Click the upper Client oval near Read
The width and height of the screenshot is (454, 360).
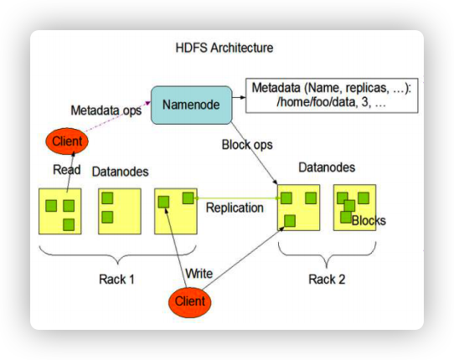pos(67,141)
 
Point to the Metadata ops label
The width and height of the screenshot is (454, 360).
pos(105,110)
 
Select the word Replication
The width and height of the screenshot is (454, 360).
pos(235,208)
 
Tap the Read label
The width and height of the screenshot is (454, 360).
pos(67,170)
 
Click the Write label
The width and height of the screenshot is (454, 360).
pos(199,273)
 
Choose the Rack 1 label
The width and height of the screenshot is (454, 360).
pos(116,279)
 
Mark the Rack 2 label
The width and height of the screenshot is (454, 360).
pos(326,279)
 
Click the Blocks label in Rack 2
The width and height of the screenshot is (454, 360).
pos(369,221)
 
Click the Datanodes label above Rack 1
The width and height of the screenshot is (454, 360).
pos(119,172)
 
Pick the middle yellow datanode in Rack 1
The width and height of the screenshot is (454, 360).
pos(119,211)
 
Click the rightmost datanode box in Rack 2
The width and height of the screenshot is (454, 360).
pos(355,208)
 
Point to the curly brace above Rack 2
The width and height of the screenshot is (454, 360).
pos(327,251)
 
